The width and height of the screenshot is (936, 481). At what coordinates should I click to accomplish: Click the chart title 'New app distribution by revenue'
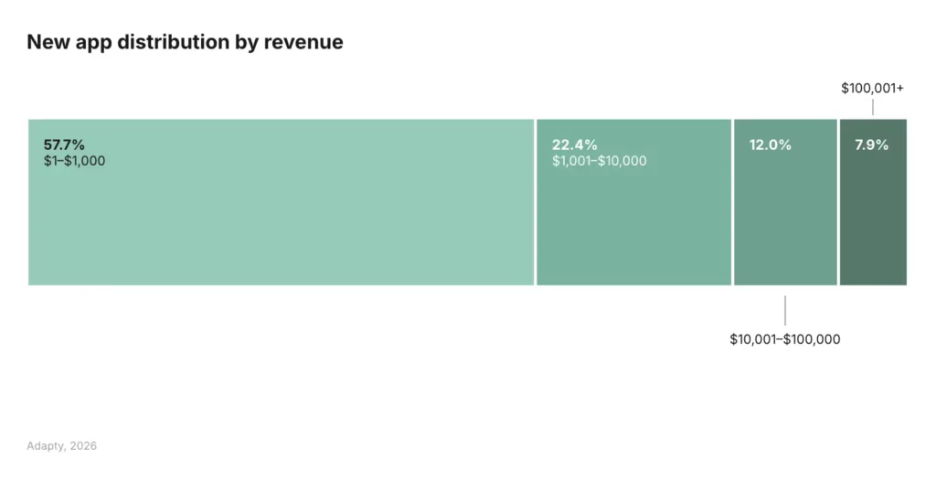click(x=185, y=42)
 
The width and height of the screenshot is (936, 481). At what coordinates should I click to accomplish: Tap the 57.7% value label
click(x=64, y=144)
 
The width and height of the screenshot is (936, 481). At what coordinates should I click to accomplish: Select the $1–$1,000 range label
click(x=74, y=161)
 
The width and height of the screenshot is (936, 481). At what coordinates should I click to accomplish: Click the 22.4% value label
click(x=574, y=144)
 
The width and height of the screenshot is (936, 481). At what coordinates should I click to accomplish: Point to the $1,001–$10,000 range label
click(x=599, y=161)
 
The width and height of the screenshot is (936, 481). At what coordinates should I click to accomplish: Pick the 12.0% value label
click(x=770, y=144)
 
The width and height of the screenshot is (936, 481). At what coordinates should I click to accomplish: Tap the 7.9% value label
click(x=871, y=144)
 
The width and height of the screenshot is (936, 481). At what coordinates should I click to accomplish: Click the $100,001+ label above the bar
click(x=872, y=89)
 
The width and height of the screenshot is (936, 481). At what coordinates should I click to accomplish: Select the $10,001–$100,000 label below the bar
click(x=784, y=339)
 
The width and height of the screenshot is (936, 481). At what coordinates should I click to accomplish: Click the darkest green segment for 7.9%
click(x=873, y=219)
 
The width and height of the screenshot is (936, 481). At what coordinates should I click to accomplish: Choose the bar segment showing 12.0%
click(x=785, y=219)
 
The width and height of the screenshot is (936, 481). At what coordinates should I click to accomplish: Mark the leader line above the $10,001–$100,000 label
click(x=785, y=309)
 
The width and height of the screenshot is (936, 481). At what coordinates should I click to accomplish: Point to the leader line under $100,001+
click(x=873, y=107)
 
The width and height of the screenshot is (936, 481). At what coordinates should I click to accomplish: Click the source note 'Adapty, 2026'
click(x=62, y=446)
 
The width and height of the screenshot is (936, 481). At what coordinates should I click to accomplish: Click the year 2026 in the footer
click(x=82, y=446)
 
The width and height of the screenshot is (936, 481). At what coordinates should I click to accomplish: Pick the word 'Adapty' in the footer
click(x=46, y=446)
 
